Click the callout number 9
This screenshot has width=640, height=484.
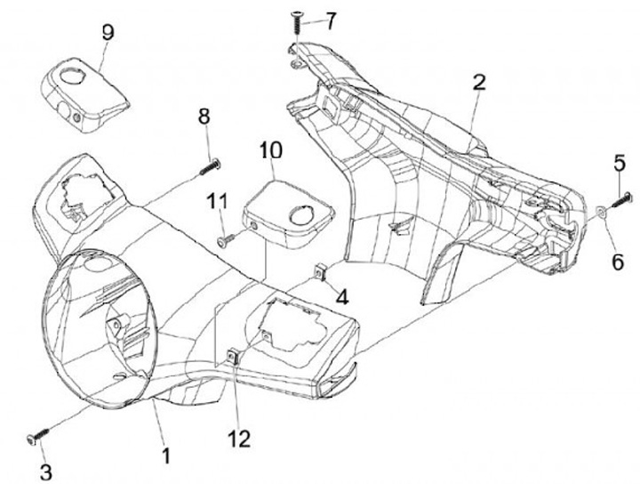pyautogui.click(x=108, y=32)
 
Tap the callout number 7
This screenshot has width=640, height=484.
pyautogui.click(x=329, y=20)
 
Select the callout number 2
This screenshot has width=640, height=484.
pyautogui.click(x=479, y=82)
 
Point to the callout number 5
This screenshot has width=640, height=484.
pyautogui.click(x=620, y=164)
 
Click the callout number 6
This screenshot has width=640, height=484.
pyautogui.click(x=618, y=262)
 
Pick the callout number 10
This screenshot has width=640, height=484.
pyautogui.click(x=270, y=149)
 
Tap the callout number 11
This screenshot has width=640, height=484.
pyautogui.click(x=217, y=201)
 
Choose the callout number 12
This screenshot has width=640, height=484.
pyautogui.click(x=239, y=440)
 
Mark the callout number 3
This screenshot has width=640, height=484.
pyautogui.click(x=45, y=472)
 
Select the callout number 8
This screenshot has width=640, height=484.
pyautogui.click(x=204, y=117)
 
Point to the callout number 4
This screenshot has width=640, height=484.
pyautogui.click(x=342, y=296)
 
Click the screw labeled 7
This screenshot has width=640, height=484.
pyautogui.click(x=295, y=24)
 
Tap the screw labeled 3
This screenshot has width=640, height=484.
pyautogui.click(x=37, y=435)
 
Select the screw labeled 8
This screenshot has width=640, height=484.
pyautogui.click(x=210, y=167)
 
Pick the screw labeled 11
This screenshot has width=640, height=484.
pyautogui.click(x=227, y=239)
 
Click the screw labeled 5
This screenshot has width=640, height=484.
pyautogui.click(x=620, y=200)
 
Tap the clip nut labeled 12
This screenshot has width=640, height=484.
pyautogui.click(x=233, y=357)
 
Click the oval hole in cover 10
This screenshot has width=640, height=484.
pyautogui.click(x=302, y=216)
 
